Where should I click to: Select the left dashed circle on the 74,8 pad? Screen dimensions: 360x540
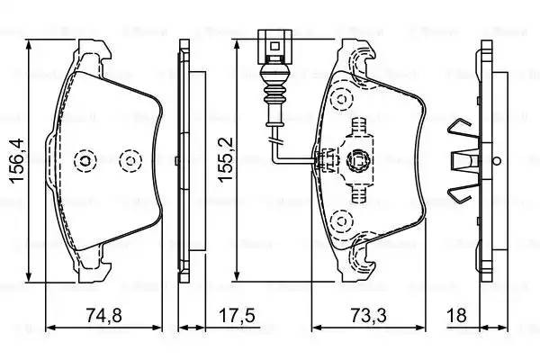tap(85, 161)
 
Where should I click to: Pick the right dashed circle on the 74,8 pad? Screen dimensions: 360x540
tap(132, 161)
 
